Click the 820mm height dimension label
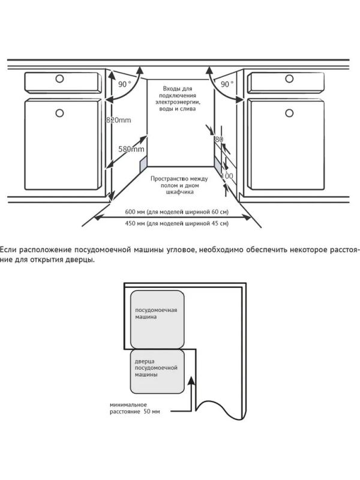118,120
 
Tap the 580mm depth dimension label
131,149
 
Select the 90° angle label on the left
124,84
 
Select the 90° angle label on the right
227,84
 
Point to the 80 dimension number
219,139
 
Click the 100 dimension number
227,176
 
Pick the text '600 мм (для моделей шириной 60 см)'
176,212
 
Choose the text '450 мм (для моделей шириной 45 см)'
176,223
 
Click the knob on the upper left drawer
59,79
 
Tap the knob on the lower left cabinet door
59,113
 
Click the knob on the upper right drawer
289,79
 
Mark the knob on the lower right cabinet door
289,113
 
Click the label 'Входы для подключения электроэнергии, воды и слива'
178,98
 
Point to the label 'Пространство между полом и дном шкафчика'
179,185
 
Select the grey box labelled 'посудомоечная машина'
157,320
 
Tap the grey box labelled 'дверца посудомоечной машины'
157,371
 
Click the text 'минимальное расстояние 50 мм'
134,409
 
